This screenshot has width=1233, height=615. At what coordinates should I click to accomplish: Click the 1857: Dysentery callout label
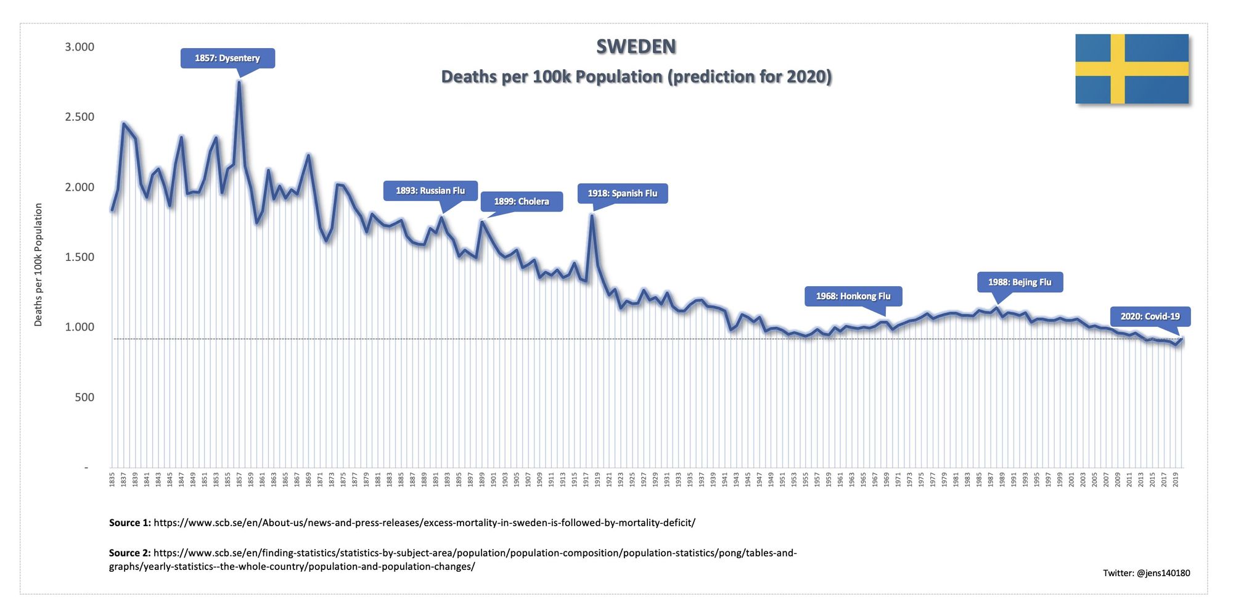tap(227, 58)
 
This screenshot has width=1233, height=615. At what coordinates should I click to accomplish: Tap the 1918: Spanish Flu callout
tap(622, 193)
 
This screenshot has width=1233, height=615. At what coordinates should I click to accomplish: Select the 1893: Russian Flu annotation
tap(430, 191)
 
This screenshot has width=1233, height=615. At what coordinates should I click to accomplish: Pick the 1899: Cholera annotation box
tap(521, 201)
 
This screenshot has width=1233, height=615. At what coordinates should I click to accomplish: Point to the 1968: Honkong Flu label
tap(853, 296)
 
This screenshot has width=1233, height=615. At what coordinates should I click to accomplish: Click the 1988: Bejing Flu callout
tap(1020, 282)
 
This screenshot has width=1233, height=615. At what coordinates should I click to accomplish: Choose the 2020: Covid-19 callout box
tap(1150, 316)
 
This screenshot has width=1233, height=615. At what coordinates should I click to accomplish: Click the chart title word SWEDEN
tap(636, 47)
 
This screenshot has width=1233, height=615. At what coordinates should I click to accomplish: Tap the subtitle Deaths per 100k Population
tap(636, 76)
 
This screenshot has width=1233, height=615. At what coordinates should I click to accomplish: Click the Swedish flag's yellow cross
tap(1118, 68)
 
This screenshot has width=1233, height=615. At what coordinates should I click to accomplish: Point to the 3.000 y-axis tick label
tap(80, 47)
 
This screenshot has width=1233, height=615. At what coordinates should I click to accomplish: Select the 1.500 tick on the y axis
tap(80, 257)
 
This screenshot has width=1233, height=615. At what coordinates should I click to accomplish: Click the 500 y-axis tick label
tap(84, 397)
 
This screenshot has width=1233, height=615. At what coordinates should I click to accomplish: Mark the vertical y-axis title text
tap(38, 265)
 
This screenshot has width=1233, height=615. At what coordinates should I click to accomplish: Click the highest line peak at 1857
tap(239, 82)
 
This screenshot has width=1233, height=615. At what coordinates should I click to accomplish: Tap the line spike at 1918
tap(592, 216)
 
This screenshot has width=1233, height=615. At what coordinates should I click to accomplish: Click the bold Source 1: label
tap(129, 522)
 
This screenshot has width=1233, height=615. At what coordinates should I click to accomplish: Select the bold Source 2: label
tap(129, 553)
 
